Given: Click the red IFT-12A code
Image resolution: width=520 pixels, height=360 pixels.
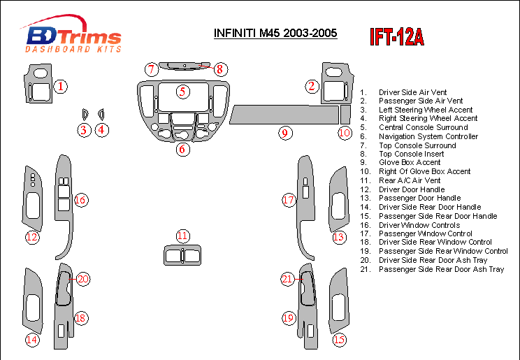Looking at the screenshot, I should [x=397, y=37].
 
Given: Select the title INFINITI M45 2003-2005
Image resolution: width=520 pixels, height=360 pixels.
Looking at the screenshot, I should [x=275, y=33].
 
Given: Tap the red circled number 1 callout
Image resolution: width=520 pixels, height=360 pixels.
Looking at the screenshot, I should [x=62, y=87].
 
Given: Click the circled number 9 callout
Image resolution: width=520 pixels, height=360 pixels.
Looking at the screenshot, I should [x=284, y=133].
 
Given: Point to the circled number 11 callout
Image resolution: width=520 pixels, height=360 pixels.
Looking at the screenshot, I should [x=182, y=236].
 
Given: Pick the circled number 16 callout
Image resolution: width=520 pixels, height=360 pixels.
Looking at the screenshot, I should [x=80, y=201].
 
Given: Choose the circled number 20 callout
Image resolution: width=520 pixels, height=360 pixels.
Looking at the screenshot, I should [x=83, y=280].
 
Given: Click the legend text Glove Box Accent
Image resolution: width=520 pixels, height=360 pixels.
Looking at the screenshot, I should [x=410, y=162].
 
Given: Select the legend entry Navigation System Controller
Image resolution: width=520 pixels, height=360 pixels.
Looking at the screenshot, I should [x=428, y=136].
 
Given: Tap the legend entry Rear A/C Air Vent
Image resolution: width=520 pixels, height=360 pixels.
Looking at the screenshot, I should [x=410, y=180].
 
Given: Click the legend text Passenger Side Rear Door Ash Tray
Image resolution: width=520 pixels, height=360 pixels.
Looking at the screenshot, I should [x=441, y=269].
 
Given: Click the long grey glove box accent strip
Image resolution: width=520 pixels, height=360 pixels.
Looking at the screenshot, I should [x=283, y=113].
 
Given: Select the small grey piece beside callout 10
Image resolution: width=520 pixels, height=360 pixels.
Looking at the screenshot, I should [x=345, y=114].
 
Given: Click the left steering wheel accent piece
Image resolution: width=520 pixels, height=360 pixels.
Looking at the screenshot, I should [x=84, y=114].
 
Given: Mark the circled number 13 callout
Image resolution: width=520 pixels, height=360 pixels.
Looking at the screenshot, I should [x=339, y=238].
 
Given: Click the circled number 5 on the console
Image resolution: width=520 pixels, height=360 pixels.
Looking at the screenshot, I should [x=182, y=91].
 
